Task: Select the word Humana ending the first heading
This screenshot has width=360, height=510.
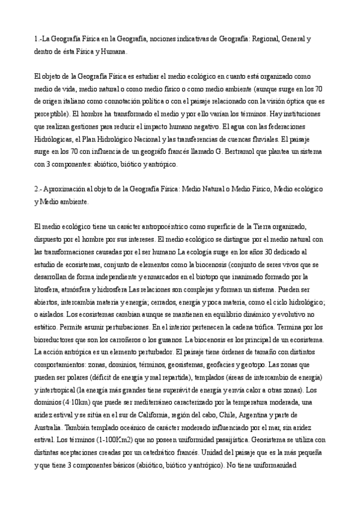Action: coord(112,52)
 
